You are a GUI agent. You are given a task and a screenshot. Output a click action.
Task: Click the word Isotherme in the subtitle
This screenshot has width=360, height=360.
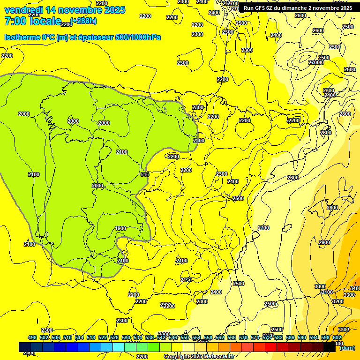click(x=22, y=37)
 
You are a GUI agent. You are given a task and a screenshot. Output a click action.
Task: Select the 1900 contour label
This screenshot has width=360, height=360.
click(x=120, y=228)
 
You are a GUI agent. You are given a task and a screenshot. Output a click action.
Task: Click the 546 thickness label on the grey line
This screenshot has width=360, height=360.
click(x=145, y=174)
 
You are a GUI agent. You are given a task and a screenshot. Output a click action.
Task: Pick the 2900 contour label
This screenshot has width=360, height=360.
click(x=324, y=242)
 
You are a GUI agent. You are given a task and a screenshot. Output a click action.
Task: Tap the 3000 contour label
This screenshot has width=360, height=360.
click(x=320, y=286)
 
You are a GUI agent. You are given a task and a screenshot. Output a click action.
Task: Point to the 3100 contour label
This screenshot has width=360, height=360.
click(x=327, y=292)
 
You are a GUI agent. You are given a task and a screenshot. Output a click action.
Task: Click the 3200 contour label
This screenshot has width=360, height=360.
click(x=337, y=301)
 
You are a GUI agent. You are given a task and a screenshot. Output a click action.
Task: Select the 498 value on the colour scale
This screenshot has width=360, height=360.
click(x=32, y=337)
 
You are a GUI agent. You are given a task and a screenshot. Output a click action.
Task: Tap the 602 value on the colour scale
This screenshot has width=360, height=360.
click(x=337, y=337)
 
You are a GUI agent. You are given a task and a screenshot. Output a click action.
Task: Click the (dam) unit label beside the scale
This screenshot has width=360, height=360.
click(x=347, y=348)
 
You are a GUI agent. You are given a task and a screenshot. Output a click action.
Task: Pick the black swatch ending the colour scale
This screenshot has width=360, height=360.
click(x=330, y=347)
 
